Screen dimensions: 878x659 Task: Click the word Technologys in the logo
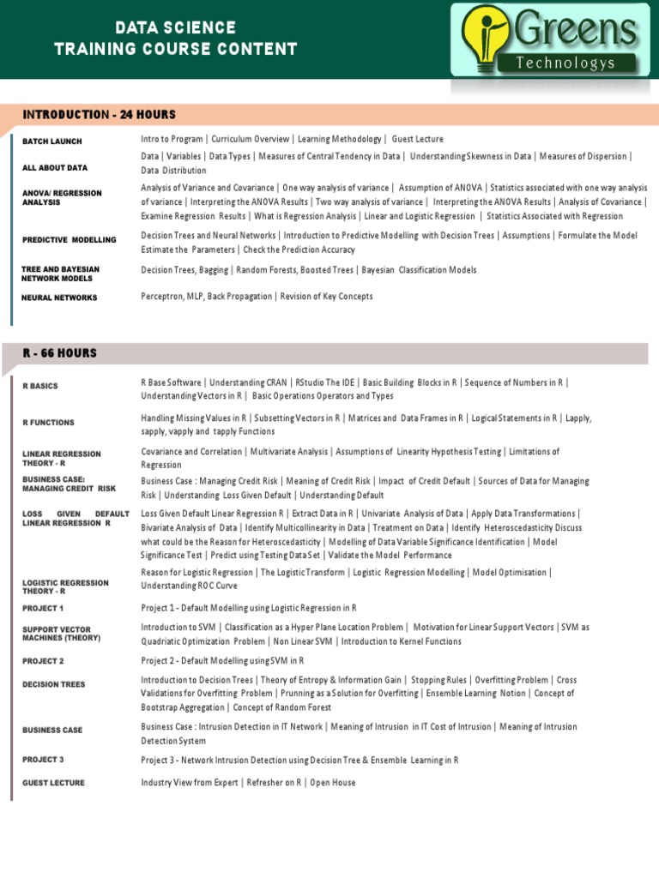coord(578,63)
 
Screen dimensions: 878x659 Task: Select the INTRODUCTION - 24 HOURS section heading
coord(100,115)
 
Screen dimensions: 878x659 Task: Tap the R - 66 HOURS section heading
coord(60,353)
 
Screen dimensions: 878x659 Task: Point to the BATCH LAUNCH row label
coord(52,141)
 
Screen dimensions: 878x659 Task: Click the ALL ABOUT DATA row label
coord(55,168)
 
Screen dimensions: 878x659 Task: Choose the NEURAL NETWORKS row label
coord(60,298)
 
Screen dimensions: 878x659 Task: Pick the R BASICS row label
coord(40,387)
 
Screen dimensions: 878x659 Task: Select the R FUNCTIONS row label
coord(48,423)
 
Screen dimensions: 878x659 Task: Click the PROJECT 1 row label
coord(43,608)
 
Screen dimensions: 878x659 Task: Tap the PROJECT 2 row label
coord(43,661)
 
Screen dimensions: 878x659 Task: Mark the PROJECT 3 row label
coord(43,760)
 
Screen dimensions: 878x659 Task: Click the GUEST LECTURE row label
coord(53,783)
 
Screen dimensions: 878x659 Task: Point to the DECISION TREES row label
coord(53,684)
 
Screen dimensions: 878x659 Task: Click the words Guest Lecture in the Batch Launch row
coord(418,139)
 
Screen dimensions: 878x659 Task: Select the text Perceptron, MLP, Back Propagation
coord(205,297)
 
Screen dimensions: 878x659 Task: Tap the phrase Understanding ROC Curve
coord(190,586)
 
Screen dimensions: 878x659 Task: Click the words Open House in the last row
coord(333,782)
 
